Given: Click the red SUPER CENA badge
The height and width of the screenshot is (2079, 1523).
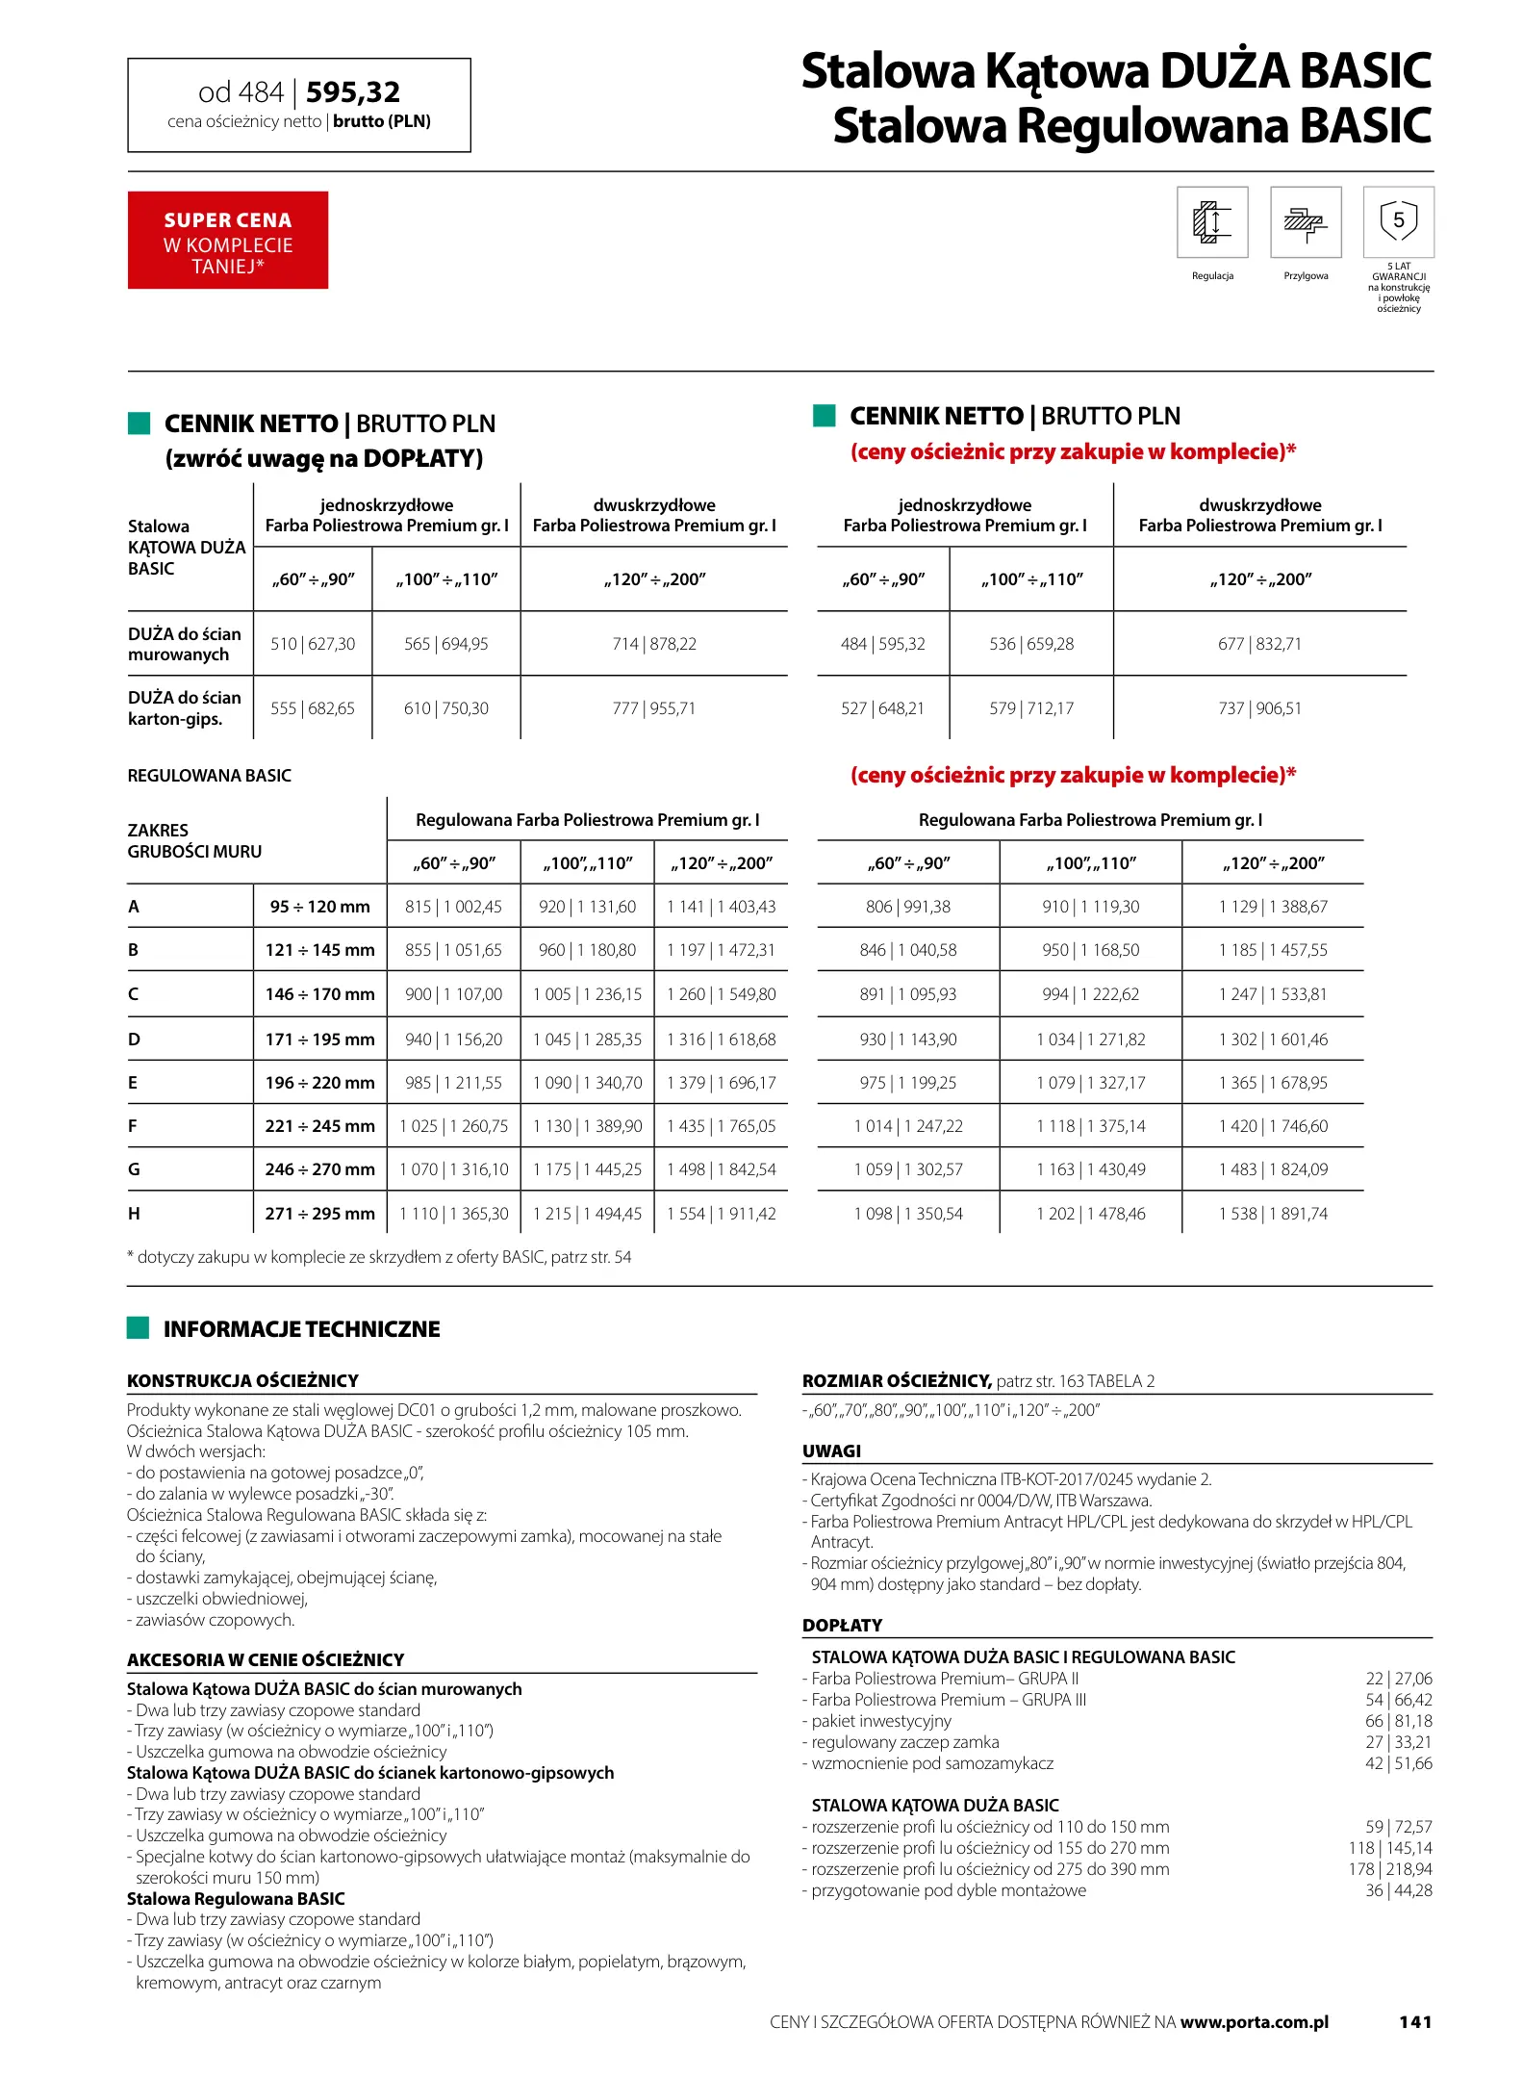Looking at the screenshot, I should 227,240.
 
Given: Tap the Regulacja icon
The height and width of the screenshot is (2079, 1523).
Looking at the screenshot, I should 1212,222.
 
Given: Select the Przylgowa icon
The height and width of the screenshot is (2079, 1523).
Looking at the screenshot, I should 1306,222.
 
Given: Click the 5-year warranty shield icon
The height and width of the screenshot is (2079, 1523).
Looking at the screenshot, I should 1398,221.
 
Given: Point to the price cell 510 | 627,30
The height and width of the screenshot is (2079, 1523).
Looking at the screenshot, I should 313,644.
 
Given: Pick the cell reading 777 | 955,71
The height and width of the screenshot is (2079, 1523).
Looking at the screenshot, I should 654,708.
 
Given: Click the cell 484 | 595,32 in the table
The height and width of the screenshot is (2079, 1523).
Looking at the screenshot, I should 882,644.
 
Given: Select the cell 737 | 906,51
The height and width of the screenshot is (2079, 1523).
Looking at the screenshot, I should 1259,708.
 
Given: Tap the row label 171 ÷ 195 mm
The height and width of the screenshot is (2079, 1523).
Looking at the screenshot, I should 319,1039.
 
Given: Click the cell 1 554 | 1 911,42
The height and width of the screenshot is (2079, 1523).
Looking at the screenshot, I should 721,1214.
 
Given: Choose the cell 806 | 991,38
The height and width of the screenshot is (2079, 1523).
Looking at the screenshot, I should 907,907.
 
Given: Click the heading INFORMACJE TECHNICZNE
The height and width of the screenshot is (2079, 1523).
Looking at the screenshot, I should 301,1329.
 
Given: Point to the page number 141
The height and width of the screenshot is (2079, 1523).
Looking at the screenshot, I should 1415,2022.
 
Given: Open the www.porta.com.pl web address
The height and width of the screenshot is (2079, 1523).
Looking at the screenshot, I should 1254,2022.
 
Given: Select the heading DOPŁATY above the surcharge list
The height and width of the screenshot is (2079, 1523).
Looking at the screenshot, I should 842,1625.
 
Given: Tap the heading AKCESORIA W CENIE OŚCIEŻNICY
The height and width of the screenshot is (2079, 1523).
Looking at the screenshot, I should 266,1659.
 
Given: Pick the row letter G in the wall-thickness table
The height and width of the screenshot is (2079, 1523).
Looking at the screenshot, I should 134,1169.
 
